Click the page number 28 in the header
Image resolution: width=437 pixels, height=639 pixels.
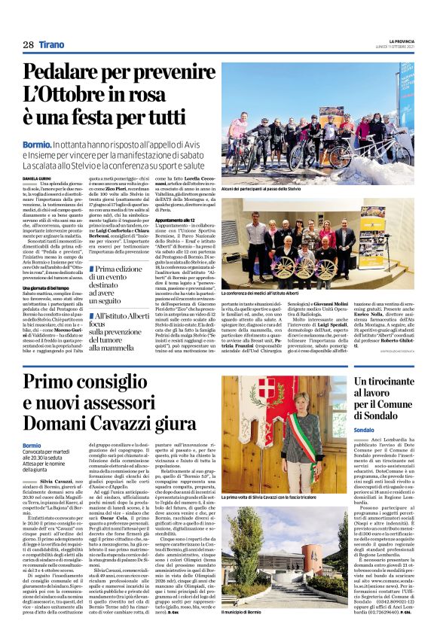pyautogui.click(x=28, y=45)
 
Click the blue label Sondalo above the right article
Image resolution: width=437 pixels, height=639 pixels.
pyautogui.click(x=364, y=430)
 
